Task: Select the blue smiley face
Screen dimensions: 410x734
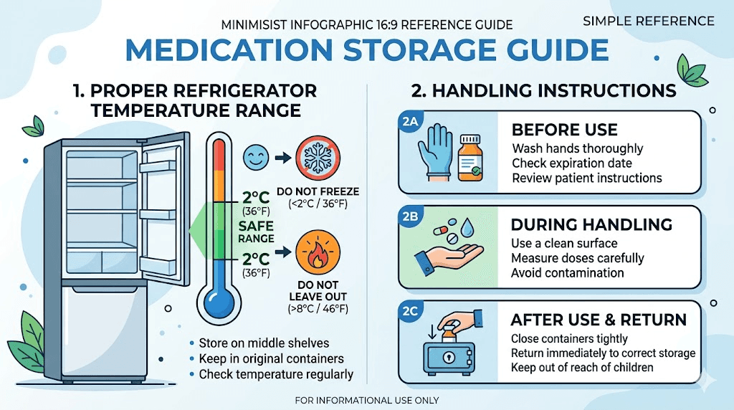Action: (x=257, y=156)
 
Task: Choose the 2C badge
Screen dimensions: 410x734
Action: (x=410, y=312)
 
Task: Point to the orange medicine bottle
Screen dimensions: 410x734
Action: (x=470, y=156)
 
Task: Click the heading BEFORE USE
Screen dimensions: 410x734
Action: (x=564, y=130)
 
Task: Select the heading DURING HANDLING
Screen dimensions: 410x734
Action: (x=591, y=224)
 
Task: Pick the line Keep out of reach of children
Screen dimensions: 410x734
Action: (x=582, y=368)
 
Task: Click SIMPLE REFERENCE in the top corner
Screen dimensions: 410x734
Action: (x=648, y=20)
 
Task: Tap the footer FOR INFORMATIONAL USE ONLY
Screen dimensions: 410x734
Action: (x=366, y=400)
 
